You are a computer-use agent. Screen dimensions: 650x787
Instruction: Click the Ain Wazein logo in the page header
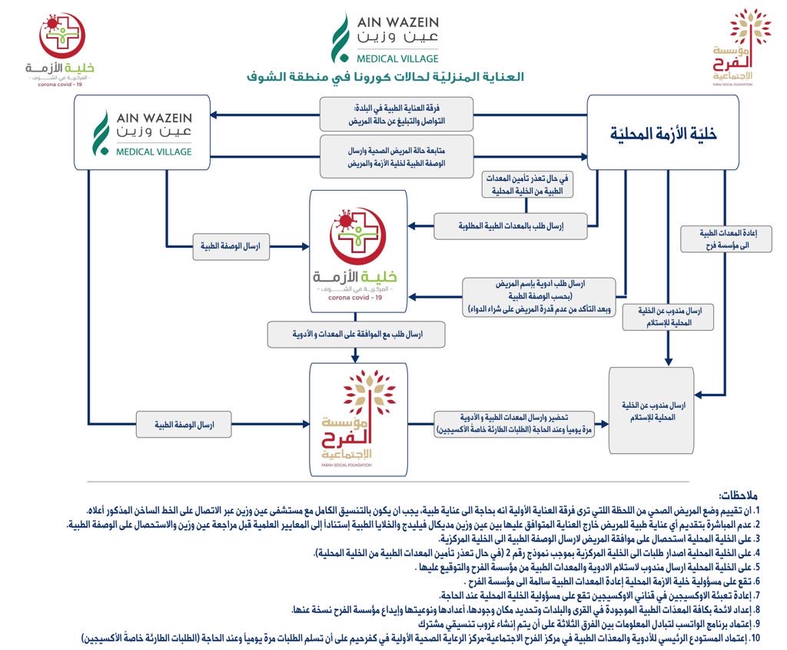[385, 38]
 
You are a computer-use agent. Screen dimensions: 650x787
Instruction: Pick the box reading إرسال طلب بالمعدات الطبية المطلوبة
[510, 226]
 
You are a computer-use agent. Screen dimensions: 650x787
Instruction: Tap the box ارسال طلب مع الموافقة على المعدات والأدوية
[356, 335]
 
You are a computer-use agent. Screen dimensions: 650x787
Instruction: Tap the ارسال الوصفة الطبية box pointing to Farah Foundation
[184, 424]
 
